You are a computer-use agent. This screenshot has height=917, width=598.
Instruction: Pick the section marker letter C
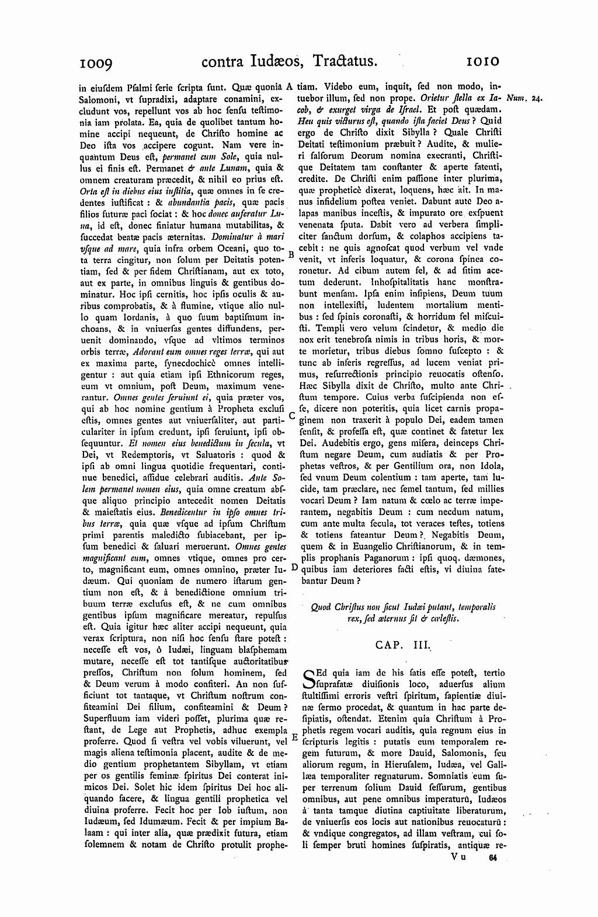(291, 416)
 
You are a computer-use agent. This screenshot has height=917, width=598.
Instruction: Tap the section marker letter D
(294, 566)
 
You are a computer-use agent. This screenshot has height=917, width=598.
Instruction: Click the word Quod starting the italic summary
(322, 607)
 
